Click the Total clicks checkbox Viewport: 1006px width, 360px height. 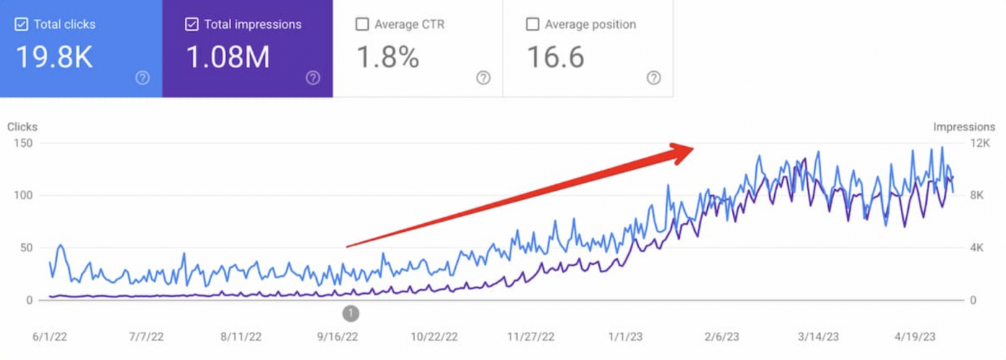21,24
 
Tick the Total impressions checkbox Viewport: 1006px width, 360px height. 191,24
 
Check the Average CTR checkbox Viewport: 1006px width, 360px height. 361,24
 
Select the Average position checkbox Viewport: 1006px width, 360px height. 532,24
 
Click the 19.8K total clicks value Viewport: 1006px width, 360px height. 54,58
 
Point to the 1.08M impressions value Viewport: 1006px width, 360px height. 228,58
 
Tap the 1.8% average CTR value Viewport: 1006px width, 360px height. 387,58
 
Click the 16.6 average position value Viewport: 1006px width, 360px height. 555,58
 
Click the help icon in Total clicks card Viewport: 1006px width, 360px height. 143,78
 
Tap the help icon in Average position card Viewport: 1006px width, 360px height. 653,78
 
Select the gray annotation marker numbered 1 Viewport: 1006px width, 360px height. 351,313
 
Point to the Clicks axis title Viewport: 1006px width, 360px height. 22,127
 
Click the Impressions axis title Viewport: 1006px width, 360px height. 964,127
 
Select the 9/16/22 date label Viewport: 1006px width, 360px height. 338,337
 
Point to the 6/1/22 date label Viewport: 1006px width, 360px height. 50,337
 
